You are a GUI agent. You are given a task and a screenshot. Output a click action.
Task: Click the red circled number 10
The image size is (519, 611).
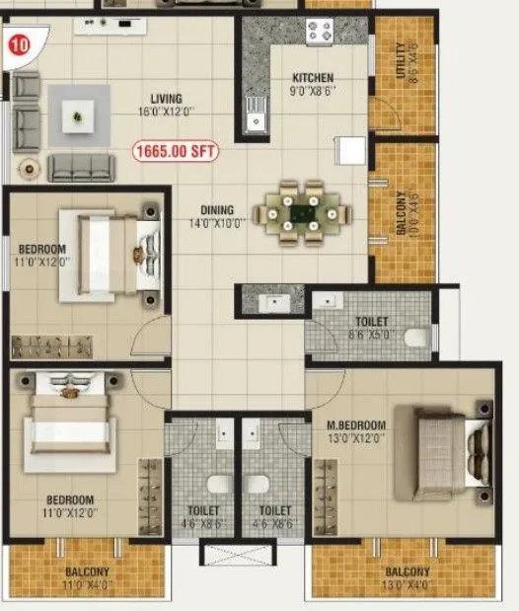click(x=17, y=43)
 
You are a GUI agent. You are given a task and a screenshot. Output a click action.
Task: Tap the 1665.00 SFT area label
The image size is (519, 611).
click(x=175, y=152)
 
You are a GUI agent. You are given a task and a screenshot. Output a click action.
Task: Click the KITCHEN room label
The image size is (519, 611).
click(x=313, y=78)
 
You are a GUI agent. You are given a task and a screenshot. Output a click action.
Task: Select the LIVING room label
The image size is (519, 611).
click(x=167, y=98)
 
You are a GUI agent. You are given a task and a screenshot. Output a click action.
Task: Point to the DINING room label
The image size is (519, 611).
click(x=217, y=209)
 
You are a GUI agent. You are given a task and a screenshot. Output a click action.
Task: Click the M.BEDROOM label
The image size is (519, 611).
click(x=356, y=425)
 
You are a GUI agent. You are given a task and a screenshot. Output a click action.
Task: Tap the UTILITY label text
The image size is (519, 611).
click(x=400, y=62)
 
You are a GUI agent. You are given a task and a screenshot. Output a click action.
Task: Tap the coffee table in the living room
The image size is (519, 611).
click(x=79, y=116)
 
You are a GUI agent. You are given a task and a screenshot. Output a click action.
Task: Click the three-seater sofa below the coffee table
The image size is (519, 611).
click(x=81, y=167)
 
